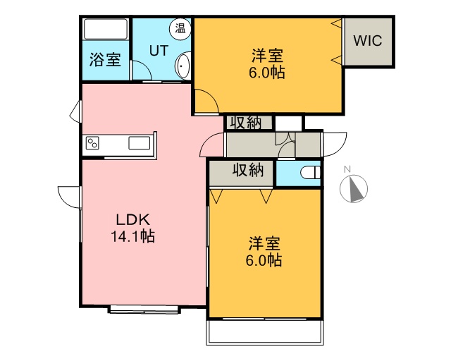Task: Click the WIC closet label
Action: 368,41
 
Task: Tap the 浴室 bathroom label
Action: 105,60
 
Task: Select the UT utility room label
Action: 159,50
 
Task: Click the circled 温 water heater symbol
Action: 180,29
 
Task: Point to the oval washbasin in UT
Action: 183,66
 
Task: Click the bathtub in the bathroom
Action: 106,29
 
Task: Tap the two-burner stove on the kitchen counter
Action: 92,143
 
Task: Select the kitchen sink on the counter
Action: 140,143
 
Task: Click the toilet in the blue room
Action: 310,173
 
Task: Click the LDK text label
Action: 133,220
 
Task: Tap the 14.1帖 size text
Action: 133,237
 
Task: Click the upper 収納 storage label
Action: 248,123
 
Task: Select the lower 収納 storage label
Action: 248,170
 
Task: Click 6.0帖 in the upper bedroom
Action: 267,72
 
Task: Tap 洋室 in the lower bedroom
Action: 264,243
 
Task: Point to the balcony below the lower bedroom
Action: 265,331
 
